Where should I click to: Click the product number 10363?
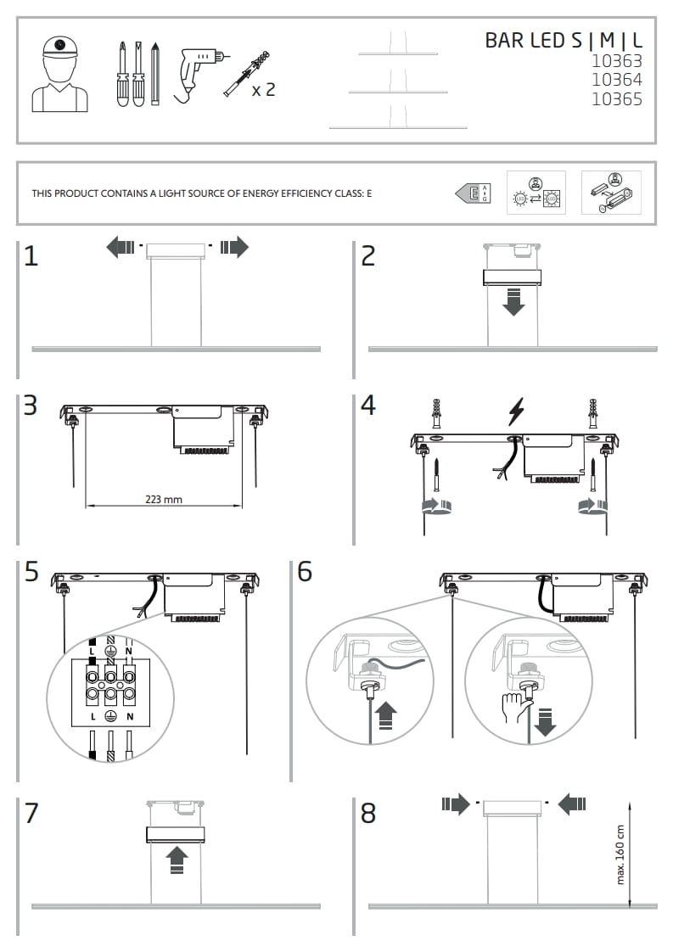pos(616,61)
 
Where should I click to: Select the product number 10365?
pos(616,99)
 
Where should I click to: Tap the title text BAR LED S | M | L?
pos(563,40)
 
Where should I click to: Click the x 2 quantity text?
pos(264,89)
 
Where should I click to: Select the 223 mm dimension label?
pos(164,500)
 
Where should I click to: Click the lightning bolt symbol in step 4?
pos(515,411)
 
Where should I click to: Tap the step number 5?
pos(31,573)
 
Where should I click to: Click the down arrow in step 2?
pos(513,302)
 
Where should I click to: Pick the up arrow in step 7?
pos(177,859)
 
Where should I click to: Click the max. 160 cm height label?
pos(620,854)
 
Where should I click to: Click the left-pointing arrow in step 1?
pos(121,248)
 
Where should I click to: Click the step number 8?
pos(367,814)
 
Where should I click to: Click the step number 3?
pos(31,406)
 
